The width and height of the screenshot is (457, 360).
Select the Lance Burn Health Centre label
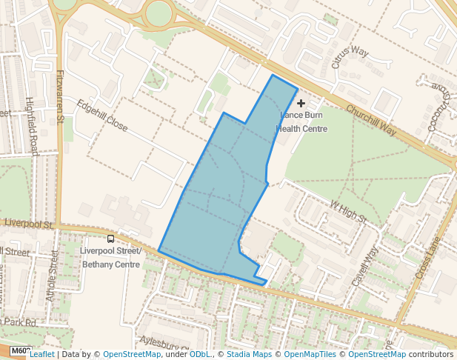pos(302,121)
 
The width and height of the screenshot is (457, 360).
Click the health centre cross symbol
pos(301,104)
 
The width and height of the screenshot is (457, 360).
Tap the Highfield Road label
pos(33,127)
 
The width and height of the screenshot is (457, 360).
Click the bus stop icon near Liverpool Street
pos(111,239)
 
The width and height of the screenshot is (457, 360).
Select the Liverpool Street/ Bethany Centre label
pos(110,257)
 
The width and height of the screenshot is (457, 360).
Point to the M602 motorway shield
pos(21,351)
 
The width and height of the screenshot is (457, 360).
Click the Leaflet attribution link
pos(42,354)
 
